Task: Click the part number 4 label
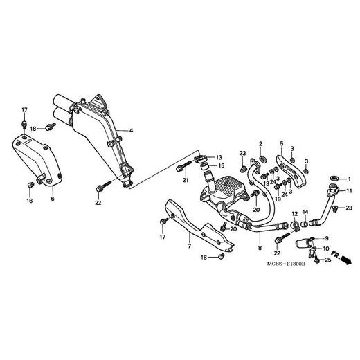(131, 131)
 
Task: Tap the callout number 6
(53, 199)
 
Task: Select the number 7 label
(190, 246)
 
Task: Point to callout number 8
(260, 248)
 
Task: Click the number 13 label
(219, 157)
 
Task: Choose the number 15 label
(221, 165)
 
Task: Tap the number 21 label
(186, 180)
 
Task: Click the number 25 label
(328, 260)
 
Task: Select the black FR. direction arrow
(346, 260)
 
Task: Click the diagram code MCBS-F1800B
(286, 264)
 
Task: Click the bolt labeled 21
(183, 166)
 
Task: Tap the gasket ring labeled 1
(334, 178)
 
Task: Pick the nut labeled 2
(262, 159)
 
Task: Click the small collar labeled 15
(204, 166)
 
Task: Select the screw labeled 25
(317, 260)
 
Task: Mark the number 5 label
(282, 143)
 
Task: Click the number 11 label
(349, 191)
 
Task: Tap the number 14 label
(305, 212)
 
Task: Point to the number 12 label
(295, 214)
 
